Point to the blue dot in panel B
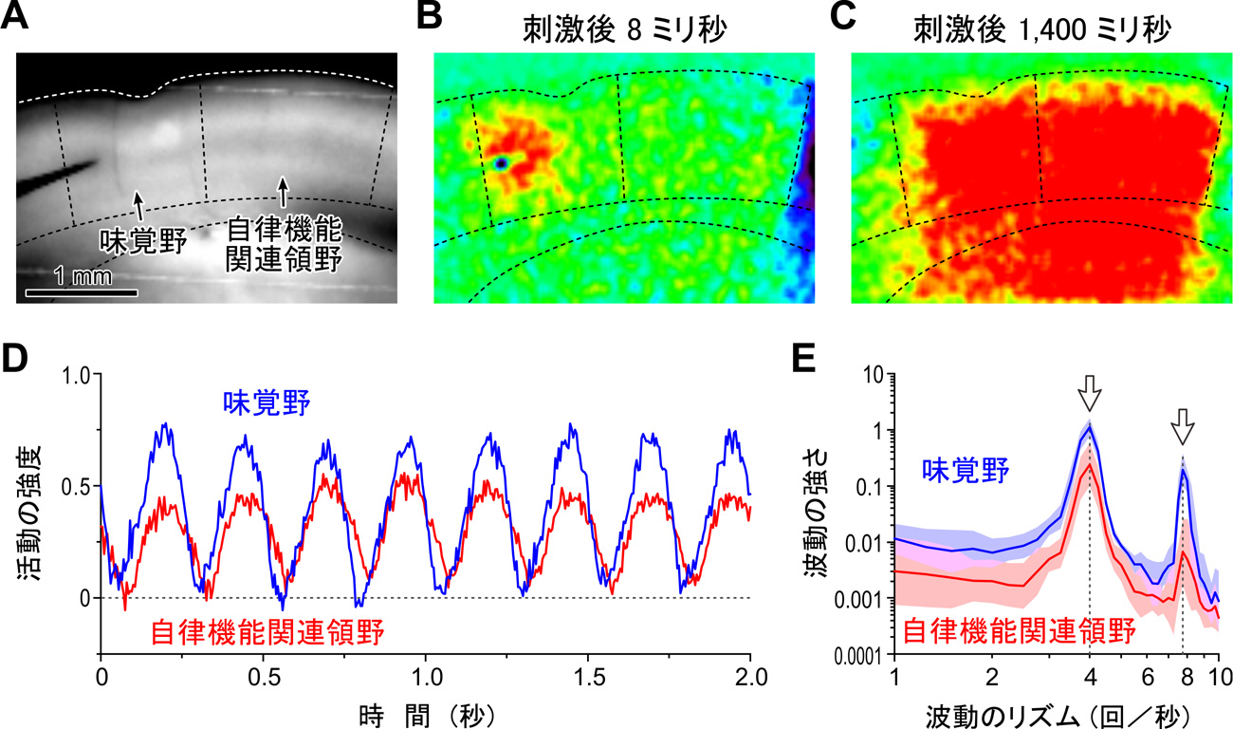(500, 163)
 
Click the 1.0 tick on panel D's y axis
(76, 374)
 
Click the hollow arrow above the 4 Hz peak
(1090, 391)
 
